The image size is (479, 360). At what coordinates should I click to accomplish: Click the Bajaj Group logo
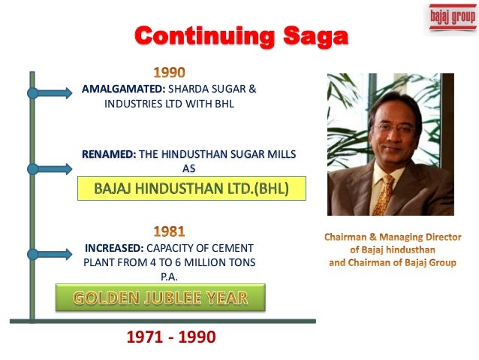coord(452,17)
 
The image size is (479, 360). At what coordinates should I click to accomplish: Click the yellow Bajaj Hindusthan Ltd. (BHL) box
coord(191,187)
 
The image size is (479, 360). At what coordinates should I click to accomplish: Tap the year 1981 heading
coord(170,231)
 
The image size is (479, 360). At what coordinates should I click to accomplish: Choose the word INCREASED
coord(110,247)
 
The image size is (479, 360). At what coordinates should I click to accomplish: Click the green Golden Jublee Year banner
coord(161,298)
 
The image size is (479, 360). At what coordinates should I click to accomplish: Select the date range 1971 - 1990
coord(172,337)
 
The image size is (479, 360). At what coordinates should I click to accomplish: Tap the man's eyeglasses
coord(395,127)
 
